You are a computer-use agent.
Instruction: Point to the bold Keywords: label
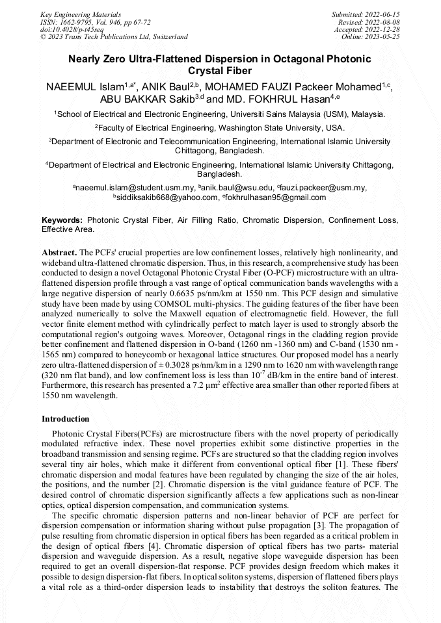[62, 220]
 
